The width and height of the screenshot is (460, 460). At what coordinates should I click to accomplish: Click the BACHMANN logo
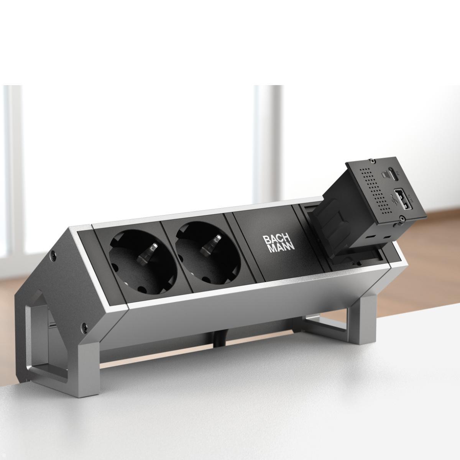click(278, 244)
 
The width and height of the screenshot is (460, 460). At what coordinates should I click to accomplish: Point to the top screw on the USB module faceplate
click(371, 160)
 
